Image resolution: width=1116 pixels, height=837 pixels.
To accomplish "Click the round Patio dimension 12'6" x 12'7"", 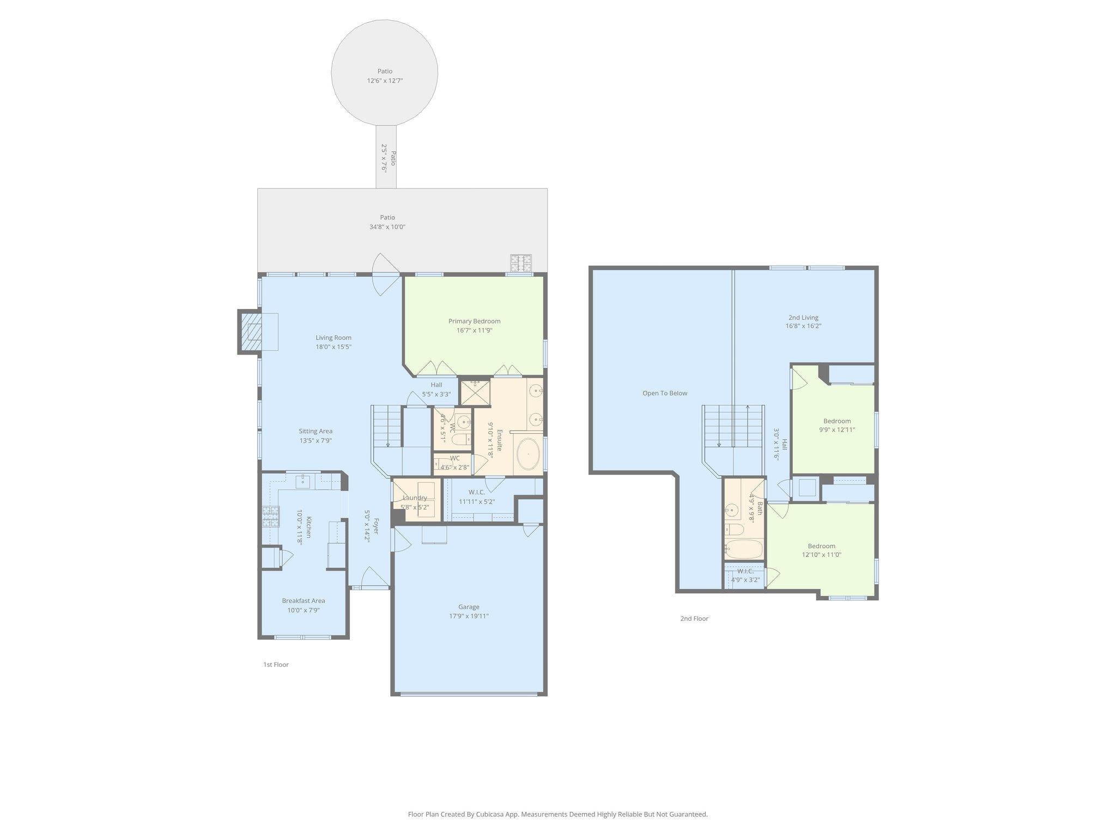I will click(x=385, y=81).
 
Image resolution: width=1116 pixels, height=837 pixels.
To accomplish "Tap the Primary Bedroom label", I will click(x=474, y=321).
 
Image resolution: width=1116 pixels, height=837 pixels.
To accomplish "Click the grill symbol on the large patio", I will click(x=520, y=263).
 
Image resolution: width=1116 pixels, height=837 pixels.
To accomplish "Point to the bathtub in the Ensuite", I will click(x=527, y=454).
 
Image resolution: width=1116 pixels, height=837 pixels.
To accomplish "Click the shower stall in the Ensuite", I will click(x=475, y=392).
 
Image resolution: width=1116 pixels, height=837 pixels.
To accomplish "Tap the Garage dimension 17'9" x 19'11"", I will click(x=469, y=616).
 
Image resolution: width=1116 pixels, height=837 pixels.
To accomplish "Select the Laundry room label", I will click(x=415, y=498).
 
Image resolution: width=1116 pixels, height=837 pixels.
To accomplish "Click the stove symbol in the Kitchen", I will click(x=270, y=516).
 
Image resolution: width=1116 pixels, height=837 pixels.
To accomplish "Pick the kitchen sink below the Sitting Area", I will click(x=303, y=481).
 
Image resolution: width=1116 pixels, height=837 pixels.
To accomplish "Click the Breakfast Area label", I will click(x=304, y=601).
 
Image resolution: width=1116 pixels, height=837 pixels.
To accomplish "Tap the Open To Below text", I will click(x=665, y=393).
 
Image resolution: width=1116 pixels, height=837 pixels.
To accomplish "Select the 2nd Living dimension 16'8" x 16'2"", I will click(x=803, y=326).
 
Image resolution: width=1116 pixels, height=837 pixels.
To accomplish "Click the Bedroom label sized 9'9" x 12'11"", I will click(x=837, y=421).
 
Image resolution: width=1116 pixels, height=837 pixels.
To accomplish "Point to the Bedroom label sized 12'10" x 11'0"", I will click(x=821, y=546).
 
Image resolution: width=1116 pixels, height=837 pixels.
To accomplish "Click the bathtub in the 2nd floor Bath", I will click(x=745, y=549).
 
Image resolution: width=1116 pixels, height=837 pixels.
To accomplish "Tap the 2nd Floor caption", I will click(x=694, y=618).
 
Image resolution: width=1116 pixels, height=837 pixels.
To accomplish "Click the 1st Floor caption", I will click(x=276, y=664).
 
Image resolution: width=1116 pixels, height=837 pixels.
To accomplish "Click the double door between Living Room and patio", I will click(x=385, y=275).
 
